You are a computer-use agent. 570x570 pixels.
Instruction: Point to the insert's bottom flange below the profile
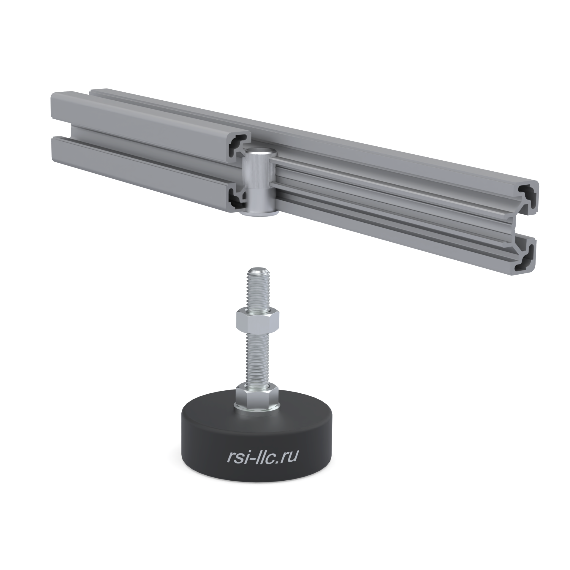(x=258, y=213)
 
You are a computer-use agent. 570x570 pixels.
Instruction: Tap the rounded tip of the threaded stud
(x=258, y=271)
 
